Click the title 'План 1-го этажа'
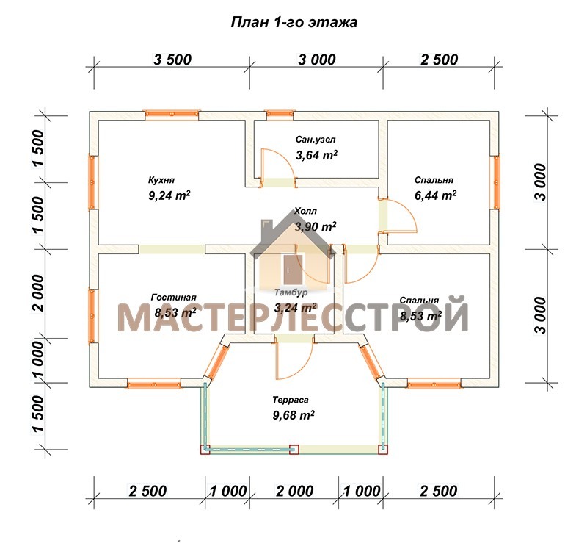(x=294, y=23)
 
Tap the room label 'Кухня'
(x=161, y=180)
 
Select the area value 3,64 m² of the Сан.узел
(x=317, y=155)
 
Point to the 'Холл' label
(x=305, y=211)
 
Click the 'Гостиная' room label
(x=174, y=298)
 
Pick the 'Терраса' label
(x=291, y=400)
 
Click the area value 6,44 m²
(x=435, y=195)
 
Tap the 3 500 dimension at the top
(x=172, y=60)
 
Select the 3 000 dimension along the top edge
(x=317, y=60)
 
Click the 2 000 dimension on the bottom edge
(x=295, y=491)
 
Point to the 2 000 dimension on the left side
(x=38, y=293)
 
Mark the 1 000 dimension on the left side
(x=38, y=360)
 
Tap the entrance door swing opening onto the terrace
(x=294, y=361)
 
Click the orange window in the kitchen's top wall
(x=172, y=115)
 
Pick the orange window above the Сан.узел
(x=280, y=115)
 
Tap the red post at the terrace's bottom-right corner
(x=382, y=449)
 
